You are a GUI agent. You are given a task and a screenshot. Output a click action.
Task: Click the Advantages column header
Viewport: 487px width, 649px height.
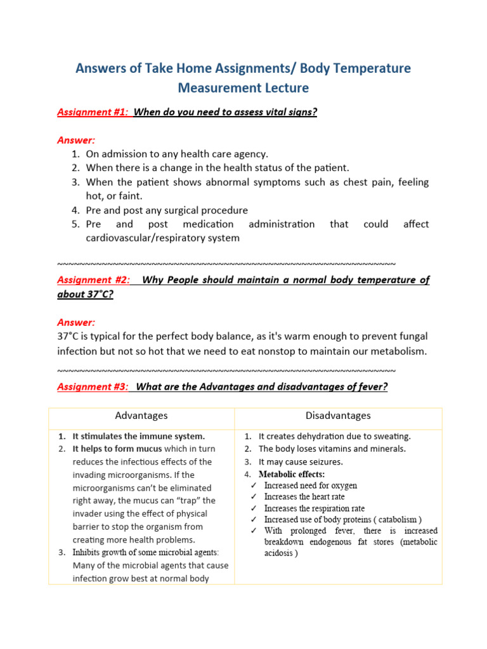(141, 416)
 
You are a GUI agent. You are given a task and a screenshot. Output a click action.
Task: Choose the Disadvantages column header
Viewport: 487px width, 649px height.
(338, 416)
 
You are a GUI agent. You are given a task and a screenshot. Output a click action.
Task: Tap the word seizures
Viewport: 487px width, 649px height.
(323, 462)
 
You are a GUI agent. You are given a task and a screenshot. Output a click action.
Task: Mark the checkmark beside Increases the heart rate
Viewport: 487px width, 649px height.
(253, 498)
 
